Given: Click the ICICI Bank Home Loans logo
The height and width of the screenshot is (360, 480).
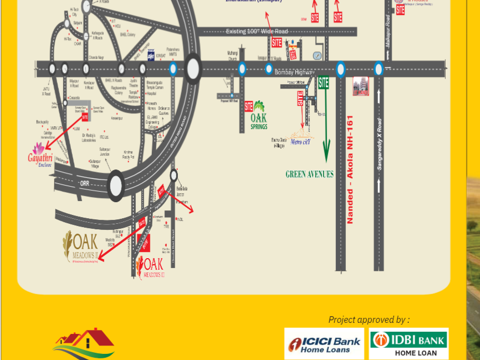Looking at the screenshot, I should tap(324, 344).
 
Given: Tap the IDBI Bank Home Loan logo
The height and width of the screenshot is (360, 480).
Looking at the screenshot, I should tap(408, 344).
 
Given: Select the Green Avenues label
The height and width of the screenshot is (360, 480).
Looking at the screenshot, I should tap(309, 174).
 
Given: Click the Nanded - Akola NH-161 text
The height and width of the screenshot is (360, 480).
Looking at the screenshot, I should tap(350, 169).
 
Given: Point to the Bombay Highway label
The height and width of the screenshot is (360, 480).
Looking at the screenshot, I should tap(294, 73).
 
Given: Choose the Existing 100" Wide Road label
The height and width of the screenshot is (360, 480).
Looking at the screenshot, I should tap(257, 32).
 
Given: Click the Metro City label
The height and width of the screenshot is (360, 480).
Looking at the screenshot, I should tap(300, 141).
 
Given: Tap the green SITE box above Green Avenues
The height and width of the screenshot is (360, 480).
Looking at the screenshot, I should tap(324, 83).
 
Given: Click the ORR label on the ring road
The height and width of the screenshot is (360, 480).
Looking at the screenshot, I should tap(84, 183).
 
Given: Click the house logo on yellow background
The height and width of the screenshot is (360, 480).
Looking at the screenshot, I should tap(85, 344).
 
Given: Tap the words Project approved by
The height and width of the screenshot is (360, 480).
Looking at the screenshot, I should tap(369, 320).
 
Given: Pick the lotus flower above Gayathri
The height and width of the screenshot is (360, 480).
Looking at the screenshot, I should tap(38, 148).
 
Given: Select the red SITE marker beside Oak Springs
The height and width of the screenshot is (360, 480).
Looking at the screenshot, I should tap(249, 106).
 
